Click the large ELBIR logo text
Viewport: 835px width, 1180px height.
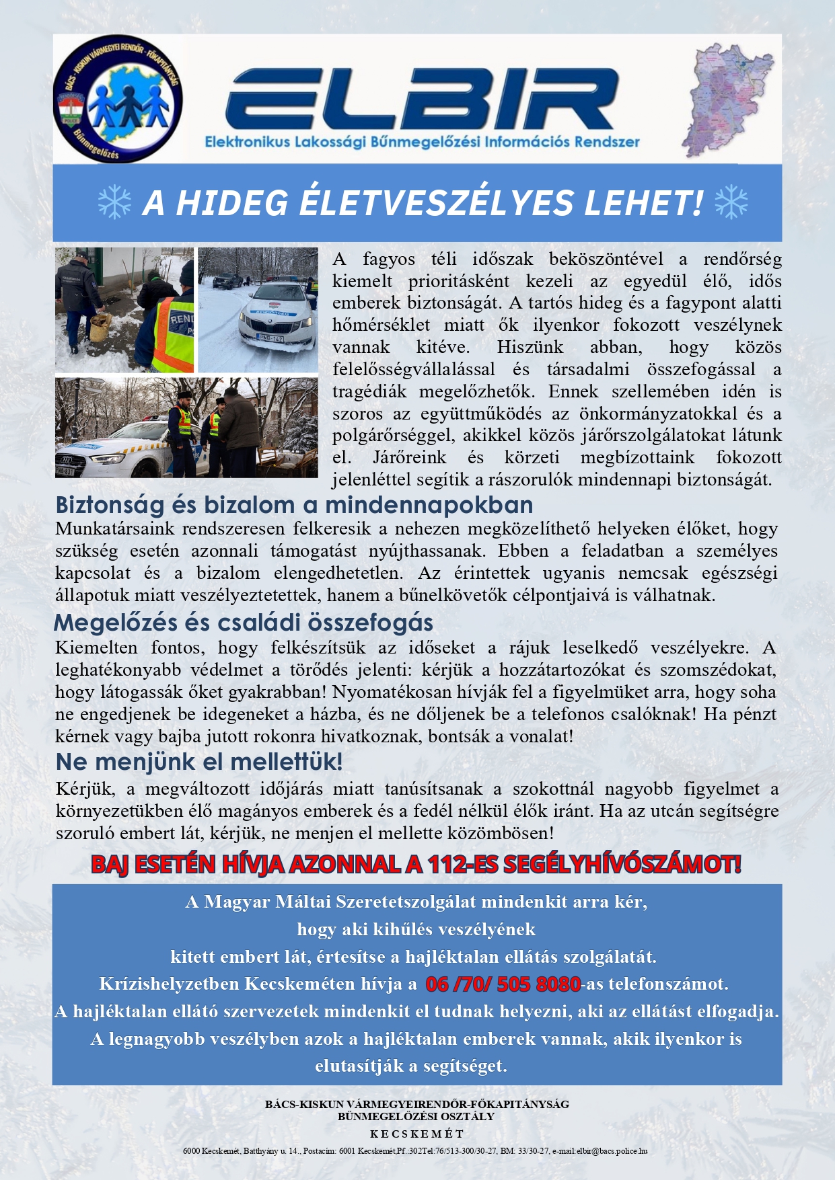(423, 100)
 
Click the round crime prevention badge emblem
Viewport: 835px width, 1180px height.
(118, 100)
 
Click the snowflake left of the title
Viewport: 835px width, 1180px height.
(114, 202)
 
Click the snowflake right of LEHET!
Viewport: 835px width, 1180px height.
(731, 202)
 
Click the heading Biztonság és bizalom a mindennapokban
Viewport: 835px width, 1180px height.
(294, 504)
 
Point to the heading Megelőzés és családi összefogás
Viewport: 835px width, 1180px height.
(243, 623)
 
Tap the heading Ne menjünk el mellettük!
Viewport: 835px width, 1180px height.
(199, 762)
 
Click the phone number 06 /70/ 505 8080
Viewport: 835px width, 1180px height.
(503, 984)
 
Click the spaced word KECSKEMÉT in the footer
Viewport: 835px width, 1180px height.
(417, 1134)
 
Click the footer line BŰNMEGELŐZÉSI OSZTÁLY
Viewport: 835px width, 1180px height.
(416, 1116)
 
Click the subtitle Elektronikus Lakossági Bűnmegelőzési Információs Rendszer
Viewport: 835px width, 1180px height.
(423, 142)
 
